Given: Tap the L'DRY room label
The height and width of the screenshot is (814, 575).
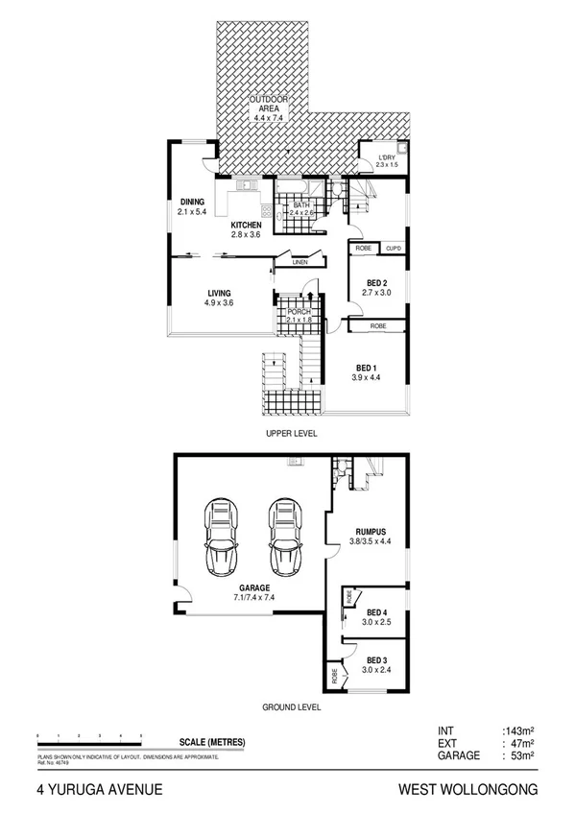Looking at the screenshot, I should coord(386,157).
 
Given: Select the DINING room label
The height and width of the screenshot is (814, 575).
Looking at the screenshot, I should coord(192,202).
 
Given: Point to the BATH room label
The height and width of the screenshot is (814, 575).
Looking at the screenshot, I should coord(301,205).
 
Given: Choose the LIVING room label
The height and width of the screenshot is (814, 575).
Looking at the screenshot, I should coord(219,294).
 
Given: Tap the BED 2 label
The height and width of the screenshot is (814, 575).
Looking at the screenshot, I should coord(377,283).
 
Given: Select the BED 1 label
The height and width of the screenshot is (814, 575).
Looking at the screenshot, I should coord(366,368).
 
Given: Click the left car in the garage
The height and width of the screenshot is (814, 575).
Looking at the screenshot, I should coord(222,536).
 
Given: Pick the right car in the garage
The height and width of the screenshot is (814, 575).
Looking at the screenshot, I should coord(285,536).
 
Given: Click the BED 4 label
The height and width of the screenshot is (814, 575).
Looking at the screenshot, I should coord(376,612).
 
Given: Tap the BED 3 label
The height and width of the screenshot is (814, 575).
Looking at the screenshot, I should coord(376,659).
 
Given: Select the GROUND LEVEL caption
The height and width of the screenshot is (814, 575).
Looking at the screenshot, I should coord(293,707).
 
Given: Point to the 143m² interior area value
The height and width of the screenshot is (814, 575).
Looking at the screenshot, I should coord(516,730).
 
